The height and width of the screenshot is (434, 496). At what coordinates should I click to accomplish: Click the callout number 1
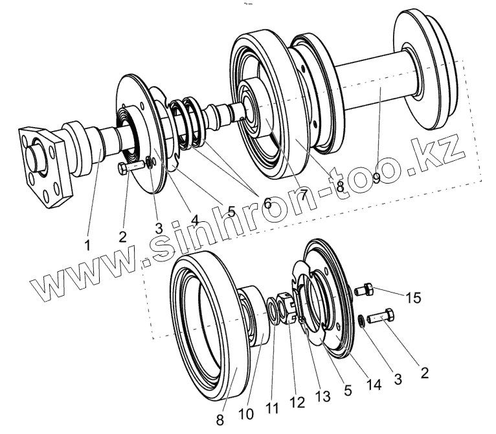coord(87,245)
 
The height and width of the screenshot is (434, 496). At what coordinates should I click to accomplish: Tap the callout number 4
coord(194,220)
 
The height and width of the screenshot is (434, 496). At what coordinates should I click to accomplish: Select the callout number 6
coord(267,202)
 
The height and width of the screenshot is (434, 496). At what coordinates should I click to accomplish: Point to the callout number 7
coord(303,195)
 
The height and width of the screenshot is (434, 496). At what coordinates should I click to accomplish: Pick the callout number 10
coord(246,414)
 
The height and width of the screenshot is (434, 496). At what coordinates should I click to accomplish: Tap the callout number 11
coord(273,409)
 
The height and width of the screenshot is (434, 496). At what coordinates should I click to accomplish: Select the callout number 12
coord(297,402)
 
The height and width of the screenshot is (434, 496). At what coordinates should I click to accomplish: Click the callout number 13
coord(322,396)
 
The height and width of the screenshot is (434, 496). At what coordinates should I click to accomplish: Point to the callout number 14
coord(374,385)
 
